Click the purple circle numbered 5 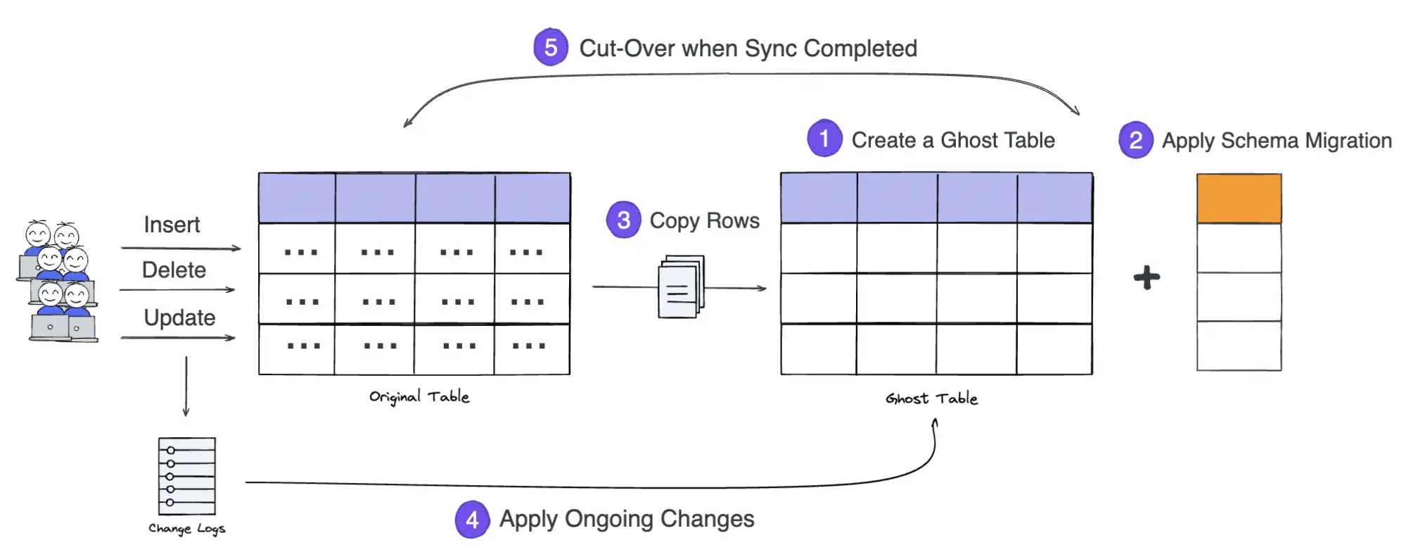(550, 48)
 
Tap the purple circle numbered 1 (824, 139)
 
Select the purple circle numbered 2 (1135, 140)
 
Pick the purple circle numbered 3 (623, 220)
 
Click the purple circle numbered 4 (472, 520)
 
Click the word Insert (172, 225)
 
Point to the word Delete (174, 270)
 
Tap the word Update (179, 318)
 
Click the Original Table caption (419, 397)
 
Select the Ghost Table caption (931, 398)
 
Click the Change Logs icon (186, 477)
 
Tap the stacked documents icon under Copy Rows (680, 287)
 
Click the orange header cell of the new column (1239, 199)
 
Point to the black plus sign (1147, 277)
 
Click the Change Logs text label (186, 529)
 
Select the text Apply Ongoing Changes (627, 519)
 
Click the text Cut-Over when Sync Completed (748, 49)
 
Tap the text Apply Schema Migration (1277, 141)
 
